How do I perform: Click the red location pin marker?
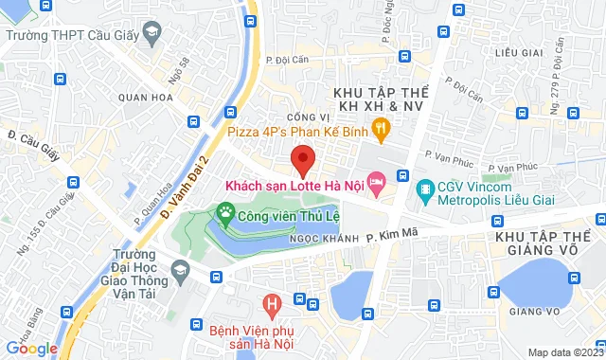302,159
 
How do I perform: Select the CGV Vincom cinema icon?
426,189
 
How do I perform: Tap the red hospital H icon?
273,305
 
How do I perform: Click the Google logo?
32,348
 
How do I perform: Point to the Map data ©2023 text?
564,352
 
